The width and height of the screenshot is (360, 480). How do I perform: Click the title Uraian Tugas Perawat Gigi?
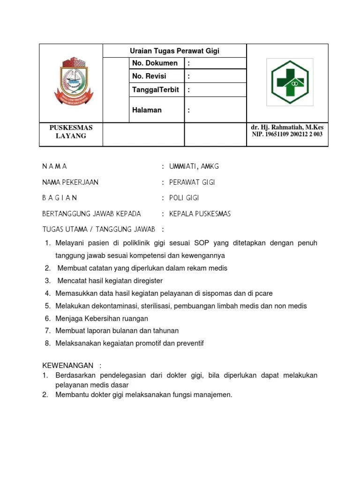[174, 51]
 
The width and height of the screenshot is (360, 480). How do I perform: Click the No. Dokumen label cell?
[155, 63]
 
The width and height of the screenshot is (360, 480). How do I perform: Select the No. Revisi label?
[149, 76]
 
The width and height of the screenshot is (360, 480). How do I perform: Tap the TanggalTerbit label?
[155, 90]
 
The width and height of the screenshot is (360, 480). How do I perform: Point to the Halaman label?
[147, 110]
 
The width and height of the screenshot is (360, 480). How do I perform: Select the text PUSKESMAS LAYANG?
[71, 132]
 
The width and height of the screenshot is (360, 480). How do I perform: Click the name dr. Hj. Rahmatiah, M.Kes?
[287, 127]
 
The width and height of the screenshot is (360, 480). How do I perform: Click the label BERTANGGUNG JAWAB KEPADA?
[91, 214]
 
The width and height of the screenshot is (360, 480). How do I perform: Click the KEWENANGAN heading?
[68, 365]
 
